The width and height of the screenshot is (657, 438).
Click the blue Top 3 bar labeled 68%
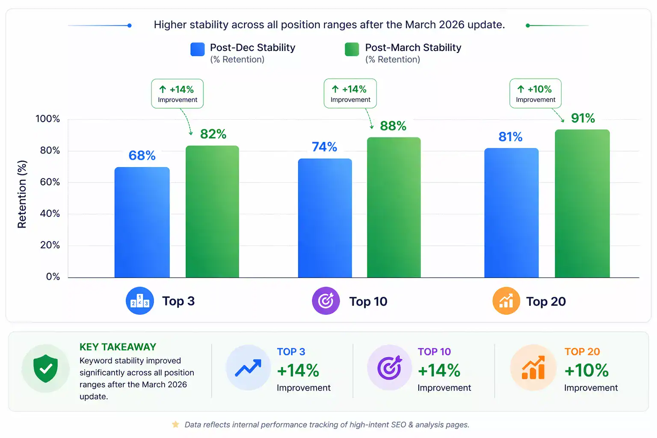pos(142,222)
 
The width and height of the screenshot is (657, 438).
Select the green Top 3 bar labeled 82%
pos(212,212)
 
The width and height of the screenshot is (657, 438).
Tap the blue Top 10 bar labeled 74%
pos(325,218)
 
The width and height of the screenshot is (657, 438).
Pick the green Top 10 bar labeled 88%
pos(394,207)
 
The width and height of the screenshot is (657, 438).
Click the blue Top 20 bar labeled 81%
pos(511,213)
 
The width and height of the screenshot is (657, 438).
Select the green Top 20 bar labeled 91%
pos(582,204)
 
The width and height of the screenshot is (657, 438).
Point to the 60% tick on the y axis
pos(50,182)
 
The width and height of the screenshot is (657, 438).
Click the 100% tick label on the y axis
pos(47,119)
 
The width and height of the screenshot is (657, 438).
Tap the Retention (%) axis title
pos(22,194)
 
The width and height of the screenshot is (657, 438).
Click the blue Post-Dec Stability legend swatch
pos(198,49)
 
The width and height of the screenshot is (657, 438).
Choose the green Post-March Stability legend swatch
pos(352,49)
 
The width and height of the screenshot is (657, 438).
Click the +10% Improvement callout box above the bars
pos(535,93)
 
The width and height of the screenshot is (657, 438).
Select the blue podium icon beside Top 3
pos(139,301)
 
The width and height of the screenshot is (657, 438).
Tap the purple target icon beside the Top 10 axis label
pos(326,301)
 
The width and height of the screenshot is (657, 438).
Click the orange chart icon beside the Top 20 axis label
pos(506,301)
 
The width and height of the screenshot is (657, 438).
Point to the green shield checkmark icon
pos(46,368)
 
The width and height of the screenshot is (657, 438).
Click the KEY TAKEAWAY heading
pos(118,347)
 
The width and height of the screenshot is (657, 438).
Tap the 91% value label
pos(583,118)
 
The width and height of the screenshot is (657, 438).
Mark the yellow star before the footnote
pos(175,424)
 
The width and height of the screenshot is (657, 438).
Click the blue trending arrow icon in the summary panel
pos(248,368)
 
